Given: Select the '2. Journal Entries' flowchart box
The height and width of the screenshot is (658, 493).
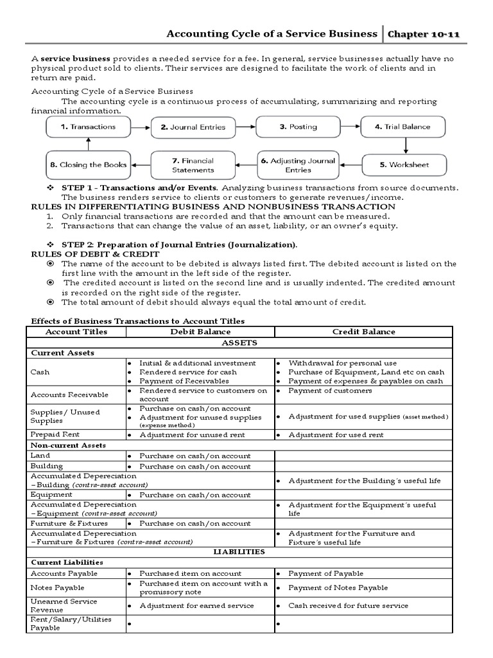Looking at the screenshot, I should click(193, 127).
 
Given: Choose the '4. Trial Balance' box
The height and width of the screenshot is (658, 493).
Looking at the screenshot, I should click(402, 127).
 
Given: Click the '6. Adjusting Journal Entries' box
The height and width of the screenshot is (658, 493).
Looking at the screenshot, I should click(298, 165).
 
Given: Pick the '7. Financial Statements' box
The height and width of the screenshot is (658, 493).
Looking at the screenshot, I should click(193, 165).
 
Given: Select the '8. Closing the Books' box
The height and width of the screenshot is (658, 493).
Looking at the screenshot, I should click(88, 165).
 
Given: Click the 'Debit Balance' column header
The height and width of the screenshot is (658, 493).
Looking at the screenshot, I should click(200, 332).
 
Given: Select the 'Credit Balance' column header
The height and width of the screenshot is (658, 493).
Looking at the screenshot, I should click(363, 332).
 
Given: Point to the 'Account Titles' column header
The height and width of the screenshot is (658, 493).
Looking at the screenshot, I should click(76, 332).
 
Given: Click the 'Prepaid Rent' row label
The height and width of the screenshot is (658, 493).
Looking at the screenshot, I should click(51, 434).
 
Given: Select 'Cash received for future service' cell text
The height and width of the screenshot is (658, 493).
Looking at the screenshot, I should click(347, 605).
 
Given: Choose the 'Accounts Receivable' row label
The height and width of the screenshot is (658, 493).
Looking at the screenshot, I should click(69, 395).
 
